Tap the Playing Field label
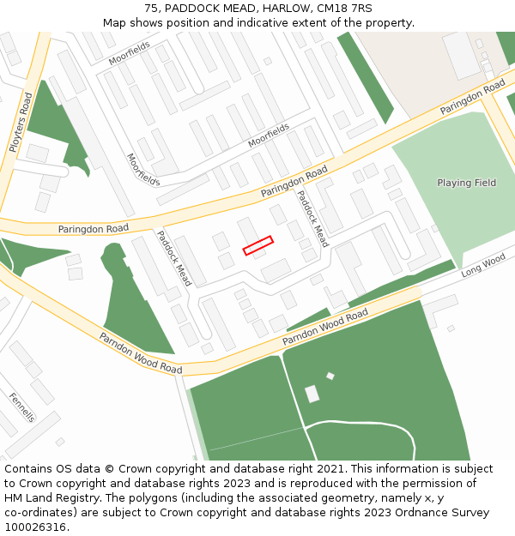pos(466,183)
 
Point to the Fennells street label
pos(22,407)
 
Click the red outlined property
pos(257,245)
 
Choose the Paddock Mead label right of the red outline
pos(312,219)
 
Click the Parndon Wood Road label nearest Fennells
pos(140,353)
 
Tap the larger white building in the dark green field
pos(312,394)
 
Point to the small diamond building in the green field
pos(330,376)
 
